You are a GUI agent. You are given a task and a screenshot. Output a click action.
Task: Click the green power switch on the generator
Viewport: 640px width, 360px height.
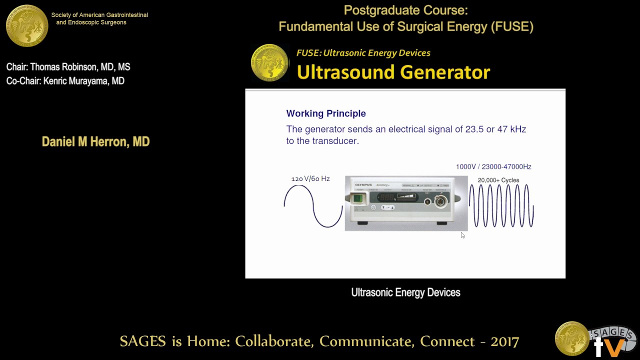point(357,199)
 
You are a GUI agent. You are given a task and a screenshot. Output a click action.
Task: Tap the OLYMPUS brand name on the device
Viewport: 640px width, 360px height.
point(363,185)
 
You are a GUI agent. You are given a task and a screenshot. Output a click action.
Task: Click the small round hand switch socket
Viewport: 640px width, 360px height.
point(427,201)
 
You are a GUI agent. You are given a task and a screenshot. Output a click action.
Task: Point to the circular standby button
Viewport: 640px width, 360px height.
point(373,207)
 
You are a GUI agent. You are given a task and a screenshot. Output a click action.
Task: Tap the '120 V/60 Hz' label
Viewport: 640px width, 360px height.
point(310,178)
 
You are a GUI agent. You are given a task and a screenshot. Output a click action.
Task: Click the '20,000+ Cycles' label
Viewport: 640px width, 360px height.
point(498,180)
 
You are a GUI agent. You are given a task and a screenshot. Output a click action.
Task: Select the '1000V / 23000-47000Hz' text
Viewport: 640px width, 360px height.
point(493,166)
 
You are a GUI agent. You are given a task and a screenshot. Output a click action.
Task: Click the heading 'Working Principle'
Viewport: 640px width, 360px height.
point(325,113)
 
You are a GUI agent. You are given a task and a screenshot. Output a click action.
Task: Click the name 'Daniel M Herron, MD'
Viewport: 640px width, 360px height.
point(95,141)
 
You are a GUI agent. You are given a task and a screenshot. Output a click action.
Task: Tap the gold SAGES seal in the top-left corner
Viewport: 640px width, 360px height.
point(26,25)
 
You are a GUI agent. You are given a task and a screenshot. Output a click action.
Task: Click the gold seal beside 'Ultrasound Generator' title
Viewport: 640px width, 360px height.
point(269,63)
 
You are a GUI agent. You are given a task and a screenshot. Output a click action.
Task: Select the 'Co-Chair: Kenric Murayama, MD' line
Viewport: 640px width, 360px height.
point(65,81)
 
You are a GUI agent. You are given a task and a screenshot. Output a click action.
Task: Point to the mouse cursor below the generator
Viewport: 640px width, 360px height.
point(462,235)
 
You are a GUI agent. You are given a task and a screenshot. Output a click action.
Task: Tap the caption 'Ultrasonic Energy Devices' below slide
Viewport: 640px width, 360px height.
point(405,292)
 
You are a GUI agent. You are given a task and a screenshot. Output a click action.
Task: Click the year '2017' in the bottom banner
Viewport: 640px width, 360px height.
point(504,341)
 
